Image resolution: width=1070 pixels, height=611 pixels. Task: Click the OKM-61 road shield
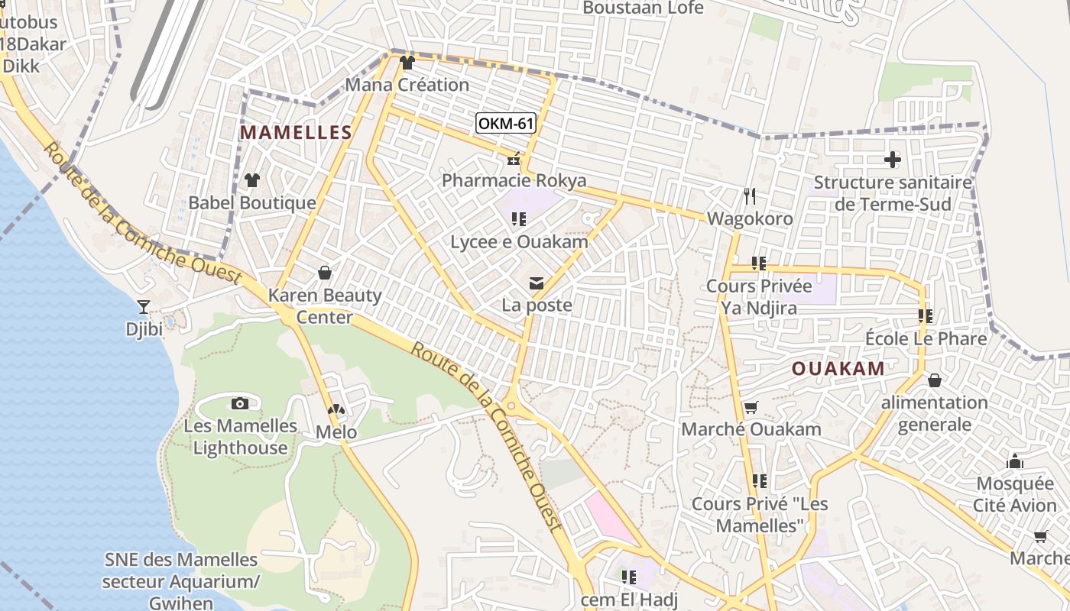(505, 123)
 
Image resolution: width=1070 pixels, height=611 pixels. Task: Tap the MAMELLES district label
(296, 132)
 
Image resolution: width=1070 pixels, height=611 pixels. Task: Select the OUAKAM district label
(838, 368)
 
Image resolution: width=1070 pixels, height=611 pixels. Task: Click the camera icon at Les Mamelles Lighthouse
(240, 403)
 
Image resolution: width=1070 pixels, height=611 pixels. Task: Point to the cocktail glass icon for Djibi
(143, 307)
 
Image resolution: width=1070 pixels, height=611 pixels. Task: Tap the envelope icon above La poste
(537, 284)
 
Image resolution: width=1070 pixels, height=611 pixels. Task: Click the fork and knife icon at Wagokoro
(750, 196)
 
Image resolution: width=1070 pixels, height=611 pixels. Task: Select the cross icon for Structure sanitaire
(892, 160)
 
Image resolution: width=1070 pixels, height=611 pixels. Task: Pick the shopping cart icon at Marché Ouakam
(751, 408)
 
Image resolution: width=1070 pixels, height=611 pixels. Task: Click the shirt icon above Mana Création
(407, 63)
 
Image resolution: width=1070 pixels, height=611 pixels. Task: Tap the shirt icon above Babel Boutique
(251, 180)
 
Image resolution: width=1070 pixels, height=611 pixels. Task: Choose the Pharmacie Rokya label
(514, 180)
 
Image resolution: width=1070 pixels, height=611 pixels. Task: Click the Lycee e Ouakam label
(520, 242)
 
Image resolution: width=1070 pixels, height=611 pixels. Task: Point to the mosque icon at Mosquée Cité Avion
(1015, 461)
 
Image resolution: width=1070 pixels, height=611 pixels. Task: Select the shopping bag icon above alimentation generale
(934, 380)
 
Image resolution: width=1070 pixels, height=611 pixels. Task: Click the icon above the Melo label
(336, 410)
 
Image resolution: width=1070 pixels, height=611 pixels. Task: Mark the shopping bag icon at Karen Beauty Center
(324, 273)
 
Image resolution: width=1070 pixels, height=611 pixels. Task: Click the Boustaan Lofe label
(643, 8)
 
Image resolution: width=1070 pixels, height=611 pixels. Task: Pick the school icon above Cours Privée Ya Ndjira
(758, 263)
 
